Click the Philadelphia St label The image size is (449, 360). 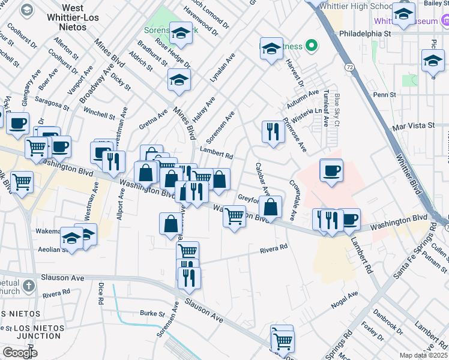[x=364, y=34]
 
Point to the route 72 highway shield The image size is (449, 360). [x=349, y=68]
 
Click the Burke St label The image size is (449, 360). [x=152, y=313]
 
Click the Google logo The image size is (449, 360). [x=20, y=353]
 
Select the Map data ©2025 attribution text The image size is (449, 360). [x=423, y=355]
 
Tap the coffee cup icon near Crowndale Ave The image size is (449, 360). [x=331, y=170]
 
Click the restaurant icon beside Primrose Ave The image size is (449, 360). [x=273, y=131]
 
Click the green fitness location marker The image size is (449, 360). [x=311, y=45]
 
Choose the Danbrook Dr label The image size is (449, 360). [x=388, y=322]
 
